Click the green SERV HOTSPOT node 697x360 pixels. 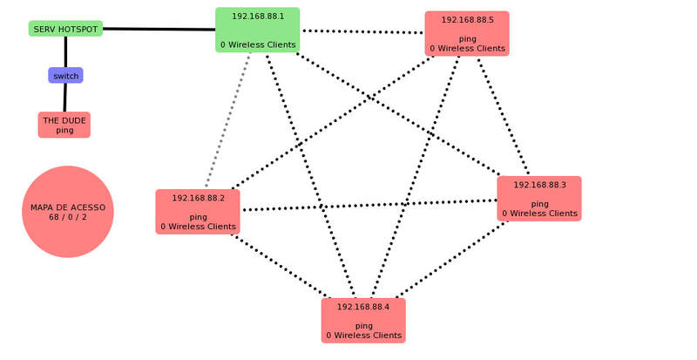[x=65, y=29]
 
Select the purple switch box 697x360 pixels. [x=65, y=76]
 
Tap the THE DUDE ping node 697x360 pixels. [x=64, y=125]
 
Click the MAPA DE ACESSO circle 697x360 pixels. [x=68, y=212]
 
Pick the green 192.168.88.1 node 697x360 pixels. [x=257, y=30]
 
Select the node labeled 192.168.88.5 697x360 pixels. [x=467, y=33]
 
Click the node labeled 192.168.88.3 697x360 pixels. [x=539, y=199]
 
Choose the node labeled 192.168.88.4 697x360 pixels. [x=363, y=320]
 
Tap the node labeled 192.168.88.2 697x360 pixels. [x=198, y=212]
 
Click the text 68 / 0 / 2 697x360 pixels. [x=68, y=217]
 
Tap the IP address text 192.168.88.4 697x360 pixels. [x=363, y=307]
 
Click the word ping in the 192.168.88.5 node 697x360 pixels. [x=467, y=39]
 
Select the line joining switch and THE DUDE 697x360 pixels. [x=65, y=98]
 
